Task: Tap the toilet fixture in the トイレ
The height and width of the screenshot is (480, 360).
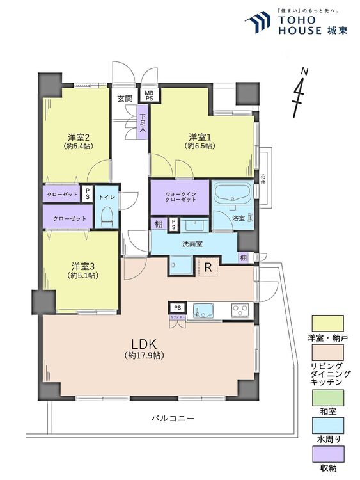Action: click(107, 216)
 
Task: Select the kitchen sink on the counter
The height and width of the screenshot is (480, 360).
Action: click(205, 311)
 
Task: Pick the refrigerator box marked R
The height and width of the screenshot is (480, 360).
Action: click(207, 267)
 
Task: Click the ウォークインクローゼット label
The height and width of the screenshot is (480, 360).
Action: click(179, 196)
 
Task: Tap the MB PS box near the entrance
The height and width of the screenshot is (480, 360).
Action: click(149, 96)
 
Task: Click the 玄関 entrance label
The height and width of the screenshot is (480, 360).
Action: click(125, 99)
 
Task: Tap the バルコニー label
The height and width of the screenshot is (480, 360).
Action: click(173, 418)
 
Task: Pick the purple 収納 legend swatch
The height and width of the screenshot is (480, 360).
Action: click(327, 456)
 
